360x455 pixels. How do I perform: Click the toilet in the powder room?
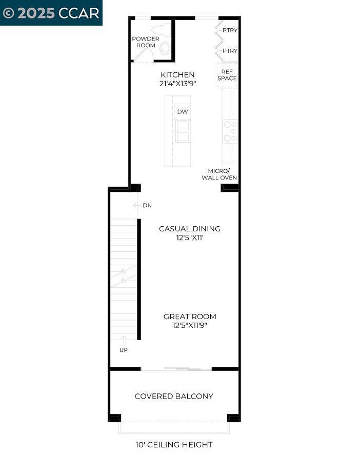[x=164, y=41]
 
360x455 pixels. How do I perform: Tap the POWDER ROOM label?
[x=146, y=42]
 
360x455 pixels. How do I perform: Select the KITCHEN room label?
[x=177, y=75]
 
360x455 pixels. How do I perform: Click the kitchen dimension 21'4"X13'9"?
[x=177, y=84]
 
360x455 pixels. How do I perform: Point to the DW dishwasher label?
[x=182, y=112]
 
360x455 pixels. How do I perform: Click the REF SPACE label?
[x=227, y=75]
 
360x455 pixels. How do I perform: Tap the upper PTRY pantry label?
[x=230, y=30]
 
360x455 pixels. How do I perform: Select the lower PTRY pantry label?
[x=230, y=51]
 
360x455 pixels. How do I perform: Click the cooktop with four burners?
[x=230, y=131]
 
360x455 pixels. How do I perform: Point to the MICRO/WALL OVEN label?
[x=222, y=174]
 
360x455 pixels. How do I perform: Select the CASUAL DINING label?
[x=189, y=229]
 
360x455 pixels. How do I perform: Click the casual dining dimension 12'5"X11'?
[x=189, y=238]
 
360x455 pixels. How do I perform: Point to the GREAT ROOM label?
[x=190, y=316]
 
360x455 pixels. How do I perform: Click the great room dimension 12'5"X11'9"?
[x=190, y=325]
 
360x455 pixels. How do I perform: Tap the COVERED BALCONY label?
[x=174, y=396]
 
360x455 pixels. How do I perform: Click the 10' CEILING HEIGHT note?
[x=174, y=445]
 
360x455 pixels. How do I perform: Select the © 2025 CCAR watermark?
[x=51, y=13]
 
